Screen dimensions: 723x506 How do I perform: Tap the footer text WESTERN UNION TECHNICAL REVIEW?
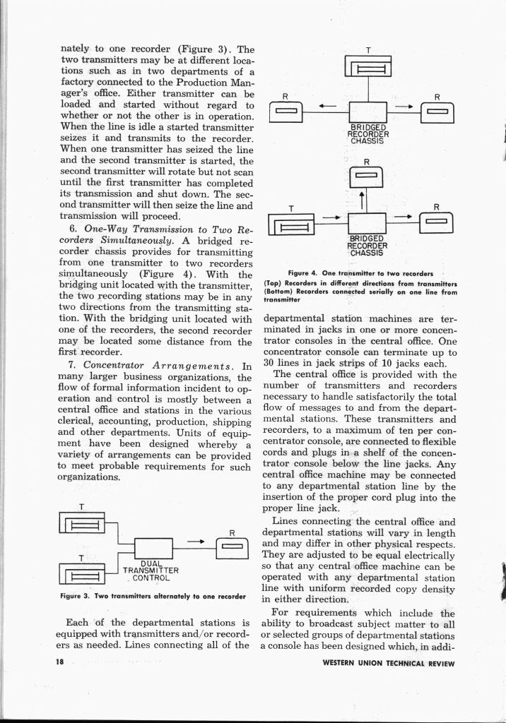tap(388, 663)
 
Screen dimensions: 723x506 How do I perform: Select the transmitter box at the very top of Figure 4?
tap(367, 68)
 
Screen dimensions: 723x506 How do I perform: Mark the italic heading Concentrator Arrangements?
tap(167, 366)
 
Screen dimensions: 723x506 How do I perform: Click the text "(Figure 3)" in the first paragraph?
tap(204, 49)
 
